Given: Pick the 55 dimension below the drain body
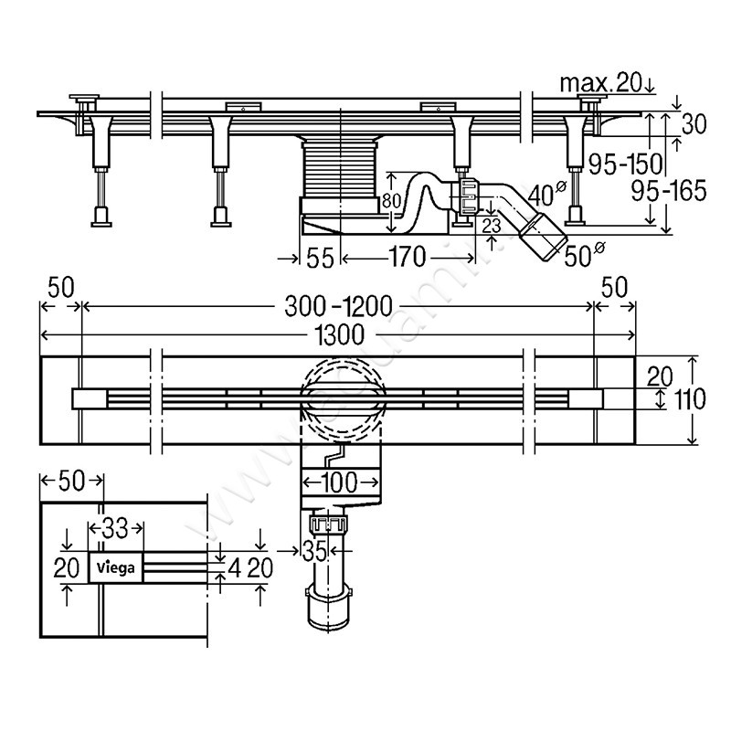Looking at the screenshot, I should (x=319, y=259).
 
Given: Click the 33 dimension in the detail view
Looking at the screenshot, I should (x=115, y=527).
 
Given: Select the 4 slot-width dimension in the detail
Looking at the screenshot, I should (x=236, y=567).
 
